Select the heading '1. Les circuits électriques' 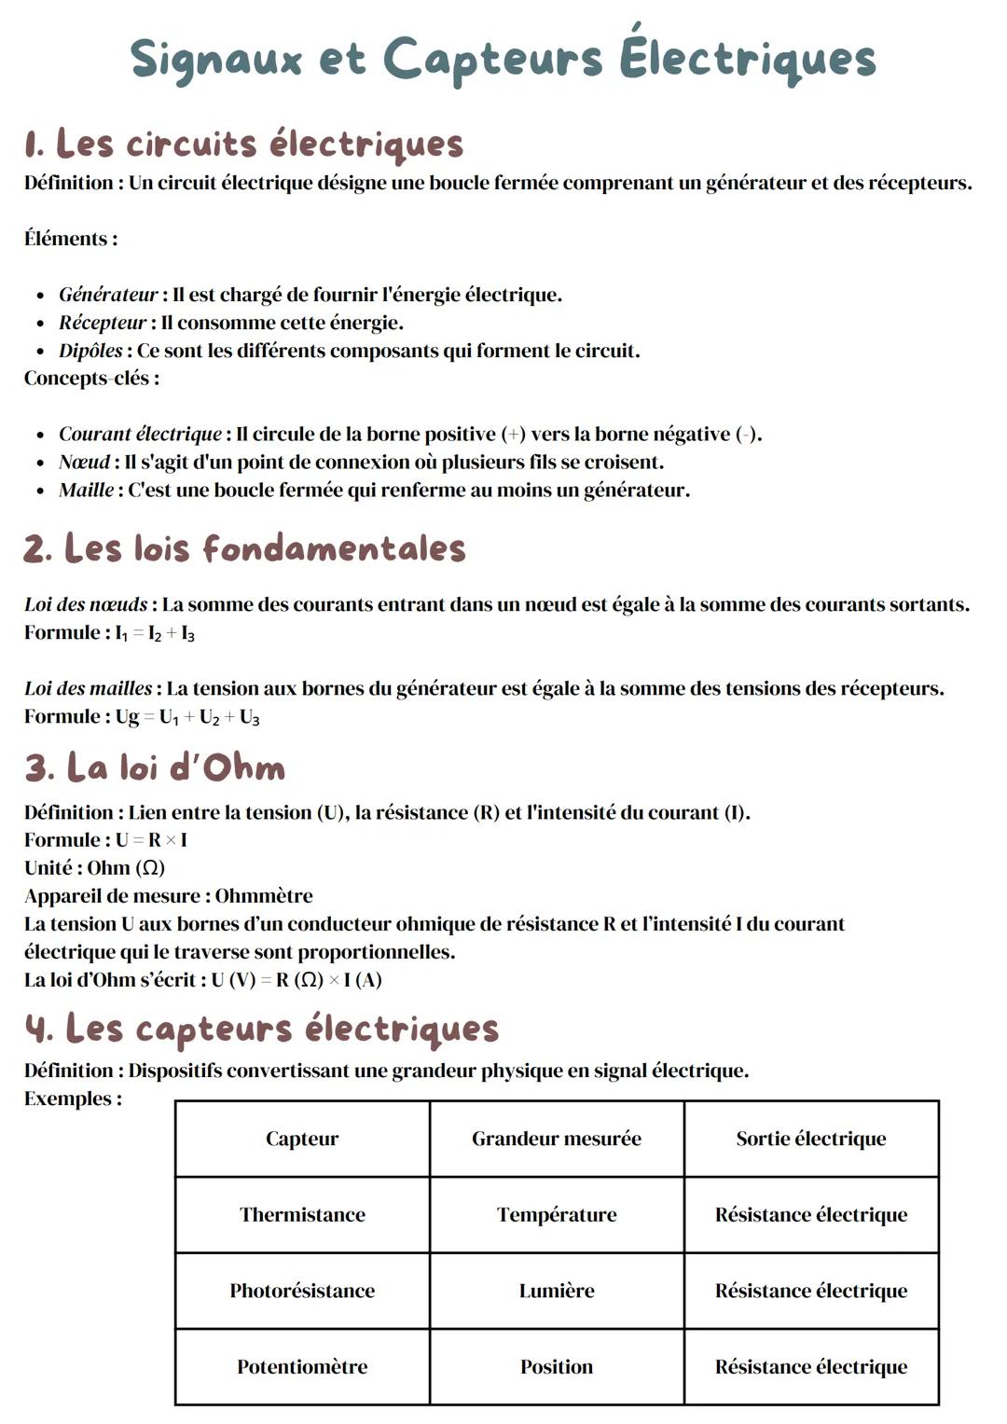[x=243, y=144]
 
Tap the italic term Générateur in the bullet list [x=108, y=295]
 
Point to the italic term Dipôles [x=90, y=351]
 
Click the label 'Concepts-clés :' [x=91, y=378]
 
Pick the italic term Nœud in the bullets [x=84, y=462]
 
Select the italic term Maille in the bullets [x=86, y=490]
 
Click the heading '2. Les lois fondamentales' [x=244, y=548]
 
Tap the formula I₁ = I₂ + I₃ [x=155, y=633]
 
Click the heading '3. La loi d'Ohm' [x=155, y=767]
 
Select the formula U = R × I [x=151, y=839]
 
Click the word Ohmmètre [x=264, y=895]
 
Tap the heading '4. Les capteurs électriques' [x=261, y=1029]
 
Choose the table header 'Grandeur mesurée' [x=556, y=1138]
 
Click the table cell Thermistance [x=302, y=1214]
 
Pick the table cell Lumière [x=556, y=1291]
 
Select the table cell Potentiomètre [x=302, y=1366]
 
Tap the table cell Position [x=556, y=1366]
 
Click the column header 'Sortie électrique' [x=810, y=1138]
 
